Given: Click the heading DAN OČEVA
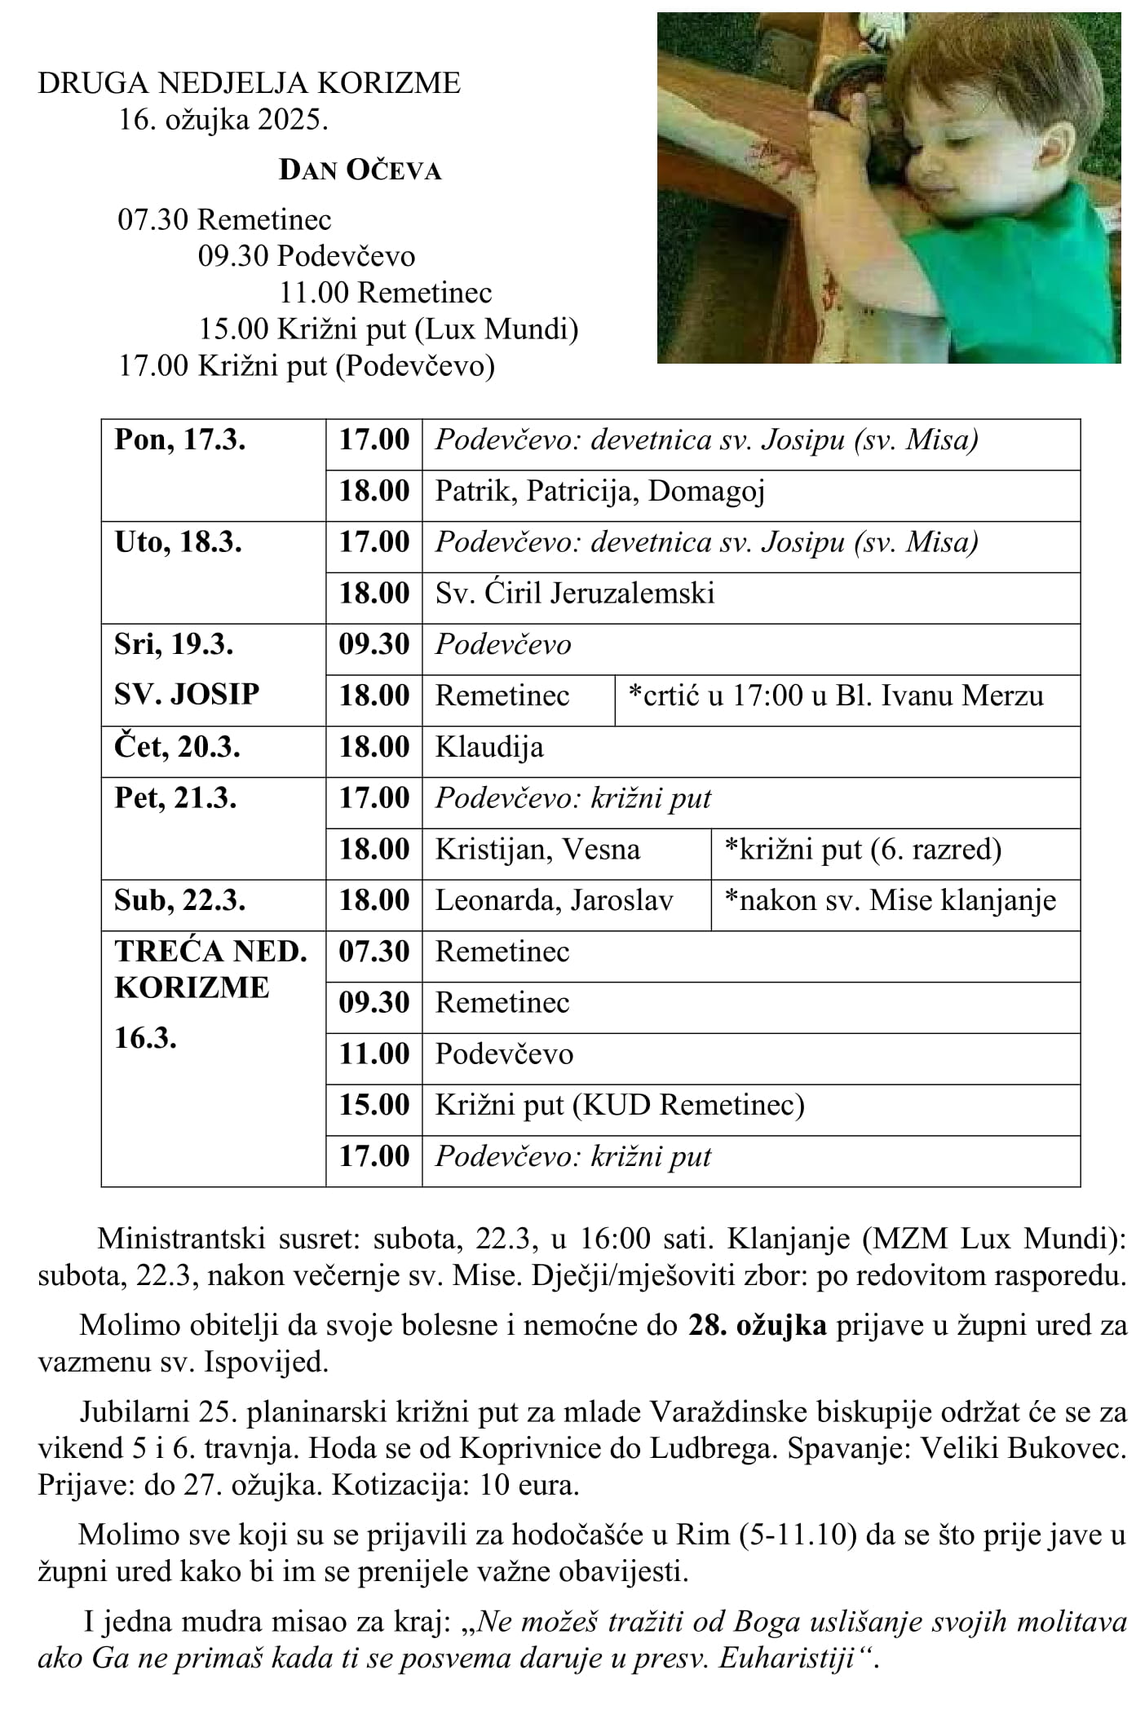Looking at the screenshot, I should [360, 170].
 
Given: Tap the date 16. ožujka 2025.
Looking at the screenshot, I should [223, 120].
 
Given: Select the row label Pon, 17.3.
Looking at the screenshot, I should [179, 440].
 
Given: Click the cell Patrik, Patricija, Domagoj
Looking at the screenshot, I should [599, 492].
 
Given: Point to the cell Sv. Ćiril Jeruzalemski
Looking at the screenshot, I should [574, 594].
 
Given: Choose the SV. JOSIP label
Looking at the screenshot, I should [187, 695].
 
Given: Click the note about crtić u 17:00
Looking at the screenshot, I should [835, 696].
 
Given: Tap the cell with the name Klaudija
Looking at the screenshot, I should [489, 748].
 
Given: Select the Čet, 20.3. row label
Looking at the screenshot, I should [177, 748].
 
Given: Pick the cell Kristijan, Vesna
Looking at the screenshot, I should [537, 850].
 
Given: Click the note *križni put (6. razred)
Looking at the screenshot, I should [862, 850].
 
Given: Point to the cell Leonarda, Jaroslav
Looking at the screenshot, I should [554, 901].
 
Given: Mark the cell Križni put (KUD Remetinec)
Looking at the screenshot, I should [620, 1106].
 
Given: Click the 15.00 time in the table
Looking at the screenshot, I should [374, 1106].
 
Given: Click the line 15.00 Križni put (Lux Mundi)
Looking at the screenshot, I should [388, 329].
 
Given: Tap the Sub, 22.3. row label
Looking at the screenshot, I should [179, 901].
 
